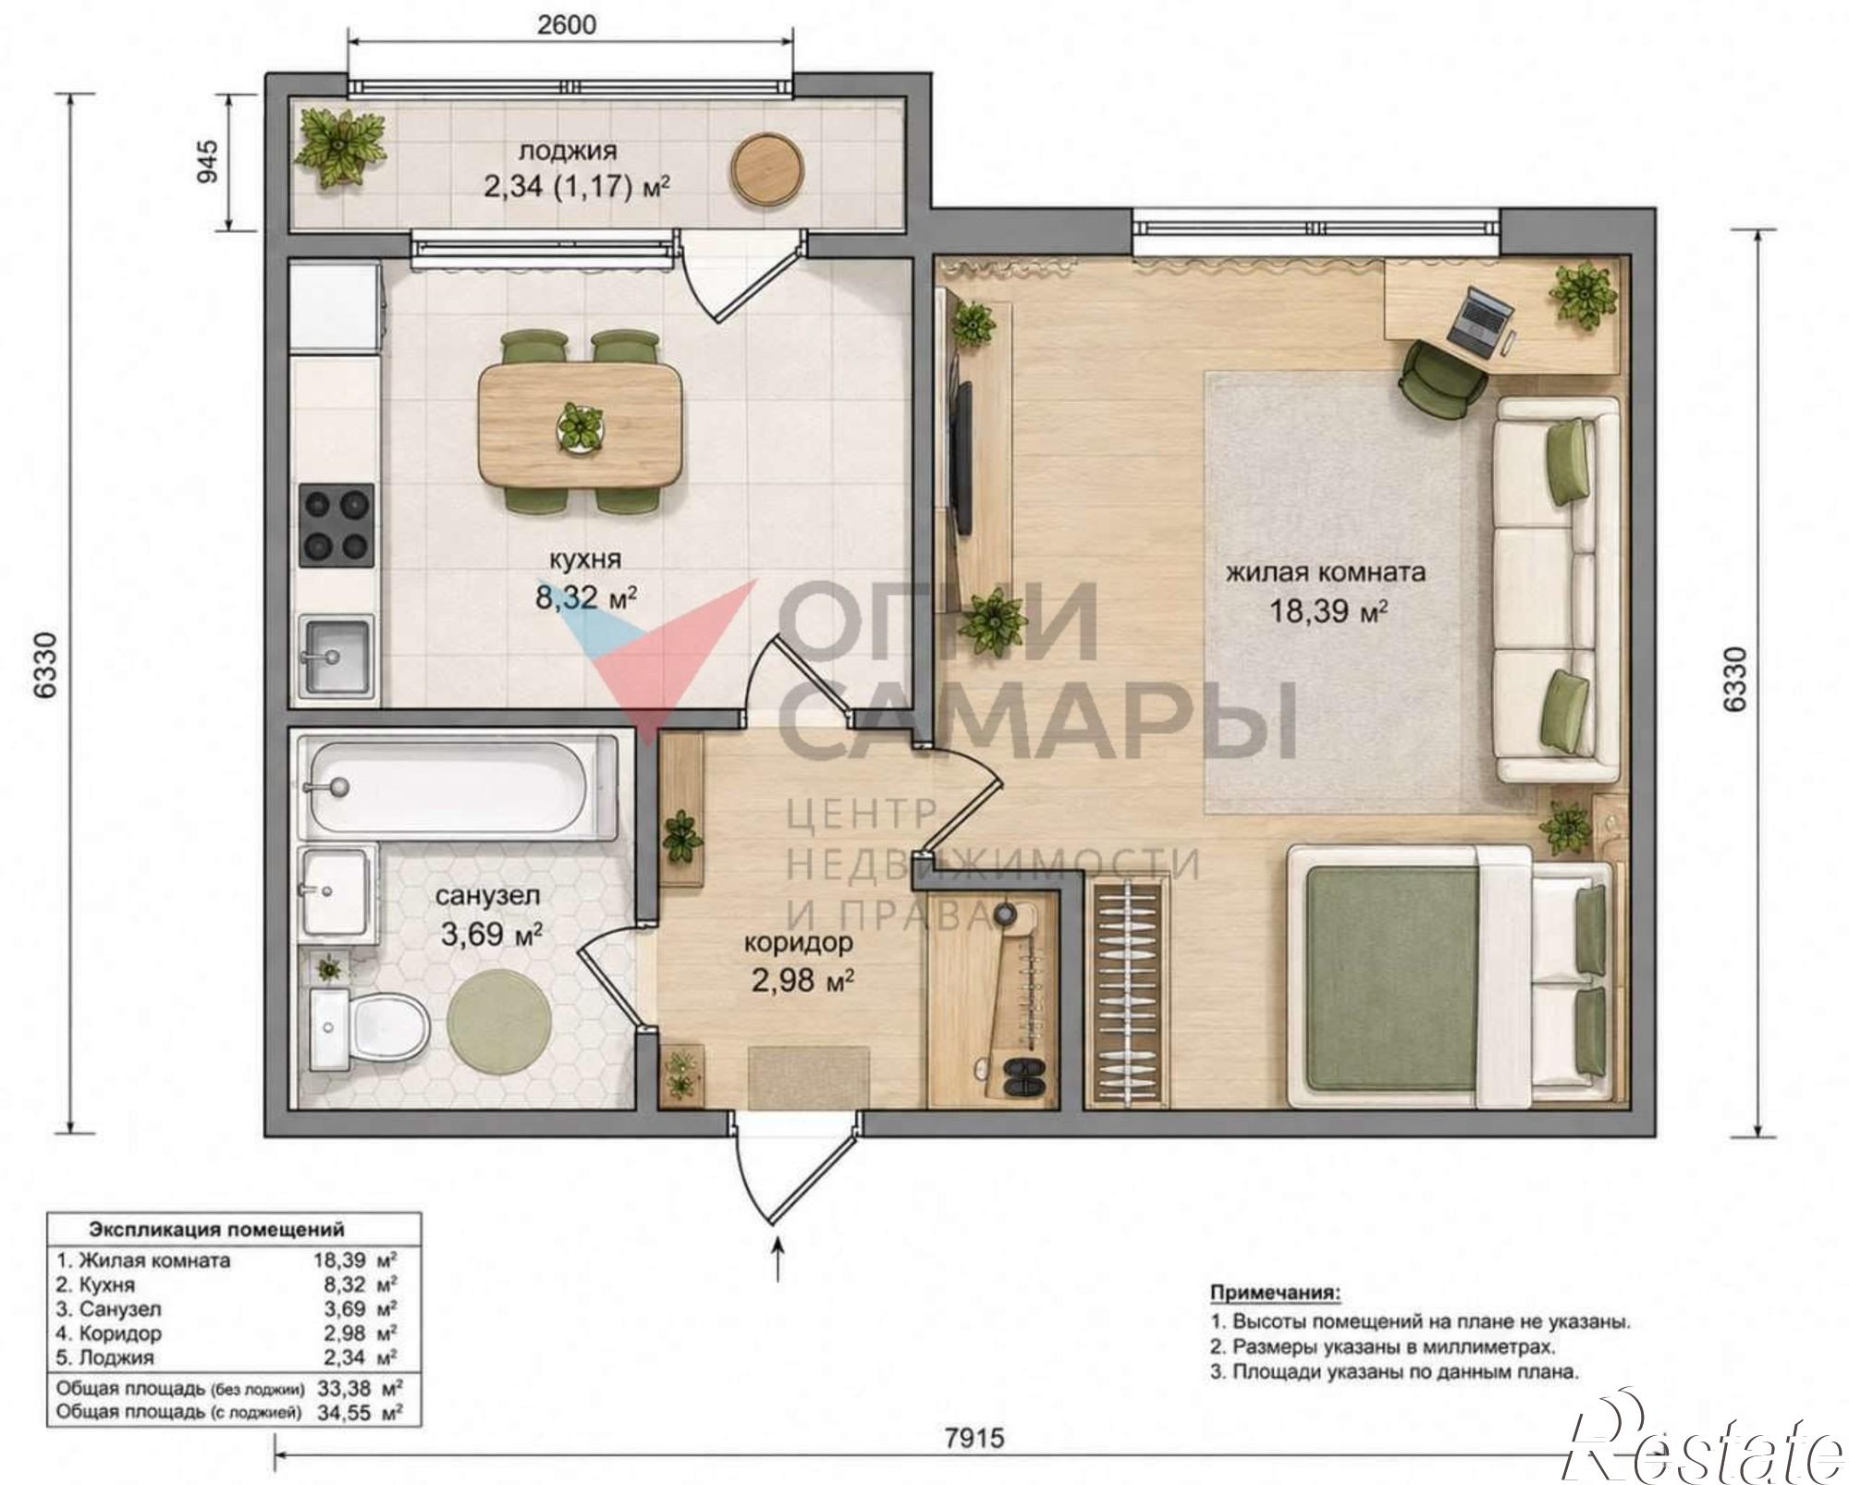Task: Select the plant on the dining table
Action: (x=580, y=428)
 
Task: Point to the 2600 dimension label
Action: (x=567, y=25)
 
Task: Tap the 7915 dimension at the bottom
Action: (x=973, y=1438)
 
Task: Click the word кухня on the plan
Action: (x=585, y=559)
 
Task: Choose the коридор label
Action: (x=799, y=943)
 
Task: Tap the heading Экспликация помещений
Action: (x=216, y=1229)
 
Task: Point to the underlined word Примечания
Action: (x=1275, y=1292)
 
